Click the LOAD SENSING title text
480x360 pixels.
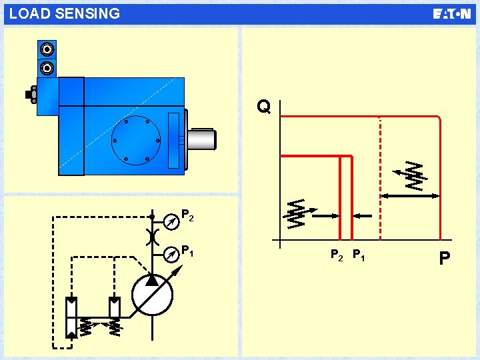pos(65,13)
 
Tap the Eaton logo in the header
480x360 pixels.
pos(451,14)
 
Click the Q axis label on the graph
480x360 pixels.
pos(264,107)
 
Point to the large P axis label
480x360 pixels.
pos(445,257)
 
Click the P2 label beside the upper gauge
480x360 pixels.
pos(188,215)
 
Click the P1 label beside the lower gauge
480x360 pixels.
pos(188,251)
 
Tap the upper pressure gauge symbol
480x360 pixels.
pos(172,217)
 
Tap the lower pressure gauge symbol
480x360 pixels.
pos(172,254)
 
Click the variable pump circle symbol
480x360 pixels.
pos(152,295)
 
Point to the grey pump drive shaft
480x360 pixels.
pos(201,139)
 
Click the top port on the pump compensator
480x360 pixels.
pos(47,50)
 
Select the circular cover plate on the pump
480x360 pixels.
pos(136,140)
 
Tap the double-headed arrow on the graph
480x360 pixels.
pos(409,196)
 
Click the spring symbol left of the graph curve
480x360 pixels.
pos(297,213)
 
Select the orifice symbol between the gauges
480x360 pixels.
pos(152,236)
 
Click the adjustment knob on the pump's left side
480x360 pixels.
pos(31,95)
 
